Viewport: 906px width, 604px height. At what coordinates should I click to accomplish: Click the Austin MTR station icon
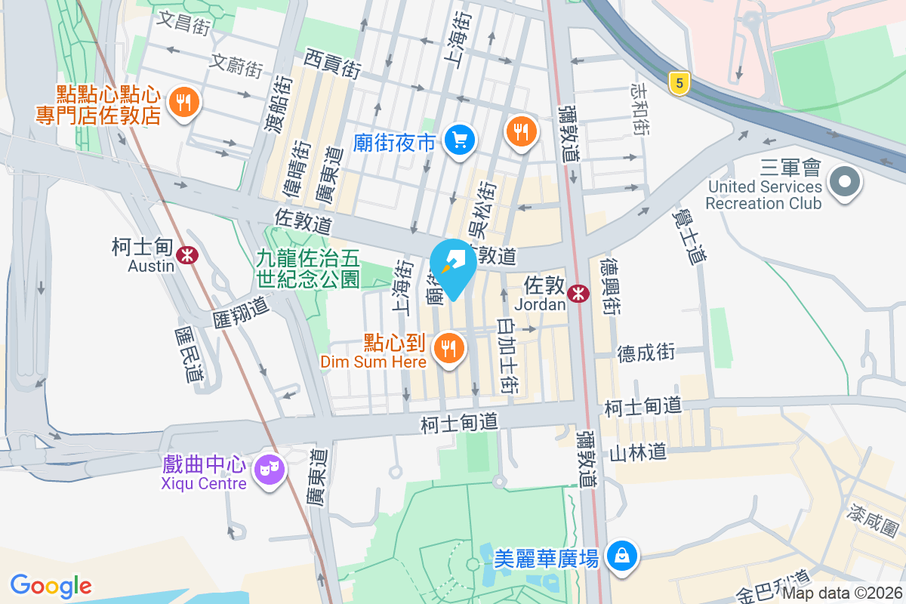tap(186, 255)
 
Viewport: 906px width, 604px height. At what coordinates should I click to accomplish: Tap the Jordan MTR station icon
tap(579, 294)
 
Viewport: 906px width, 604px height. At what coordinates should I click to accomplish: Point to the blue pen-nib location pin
tap(453, 266)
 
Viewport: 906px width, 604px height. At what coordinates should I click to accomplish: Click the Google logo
tap(51, 585)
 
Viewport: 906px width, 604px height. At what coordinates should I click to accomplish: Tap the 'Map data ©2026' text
tap(842, 593)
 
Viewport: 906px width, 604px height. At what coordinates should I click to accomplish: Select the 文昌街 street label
tap(183, 21)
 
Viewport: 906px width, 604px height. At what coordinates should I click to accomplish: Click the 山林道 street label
tap(638, 452)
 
